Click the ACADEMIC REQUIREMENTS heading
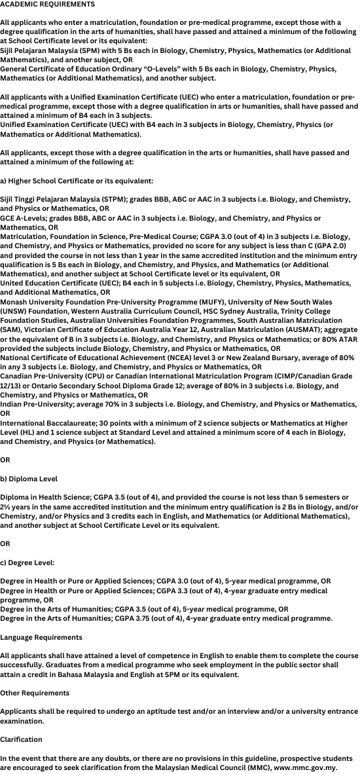(47, 4)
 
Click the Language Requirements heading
(41, 637)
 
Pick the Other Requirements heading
(34, 693)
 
